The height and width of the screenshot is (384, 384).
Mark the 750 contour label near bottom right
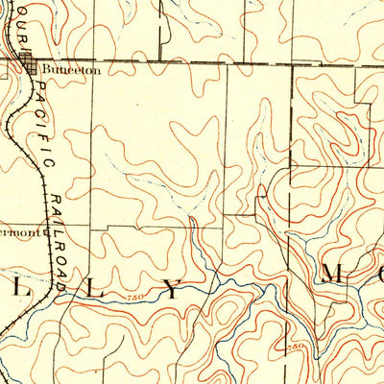coord(297,345)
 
